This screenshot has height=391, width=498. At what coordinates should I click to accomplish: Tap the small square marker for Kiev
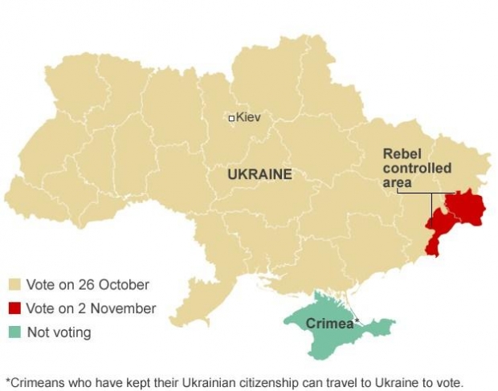[x=231, y=118]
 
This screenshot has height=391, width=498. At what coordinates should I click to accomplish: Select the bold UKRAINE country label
[x=259, y=173]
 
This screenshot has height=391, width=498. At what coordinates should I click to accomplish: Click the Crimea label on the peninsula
[x=329, y=324]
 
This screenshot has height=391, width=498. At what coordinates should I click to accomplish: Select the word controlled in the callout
[x=417, y=168]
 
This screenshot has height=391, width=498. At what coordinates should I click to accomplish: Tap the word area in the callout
[x=397, y=182]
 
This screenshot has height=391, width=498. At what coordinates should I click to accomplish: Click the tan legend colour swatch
[x=14, y=285]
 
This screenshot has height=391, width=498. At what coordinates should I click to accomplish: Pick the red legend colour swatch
[x=14, y=309]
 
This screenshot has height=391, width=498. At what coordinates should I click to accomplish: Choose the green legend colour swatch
[x=14, y=332]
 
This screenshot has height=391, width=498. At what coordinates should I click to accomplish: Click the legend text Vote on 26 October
[x=88, y=285]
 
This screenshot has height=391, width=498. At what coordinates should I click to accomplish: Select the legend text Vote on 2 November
[x=91, y=309]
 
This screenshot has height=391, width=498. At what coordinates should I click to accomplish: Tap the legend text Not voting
[x=59, y=332]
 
